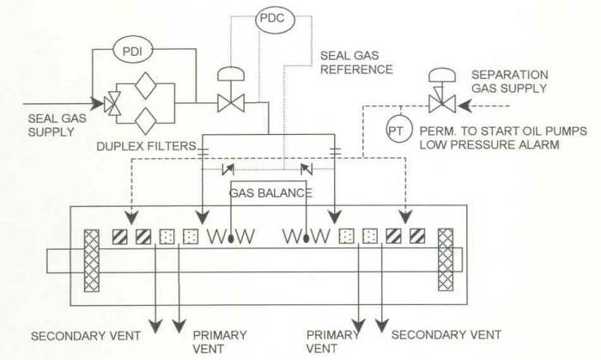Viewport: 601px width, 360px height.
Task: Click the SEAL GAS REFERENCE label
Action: click(x=355, y=61)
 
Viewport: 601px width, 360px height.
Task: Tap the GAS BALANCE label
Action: click(x=269, y=192)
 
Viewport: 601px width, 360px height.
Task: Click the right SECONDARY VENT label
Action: click(x=446, y=333)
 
